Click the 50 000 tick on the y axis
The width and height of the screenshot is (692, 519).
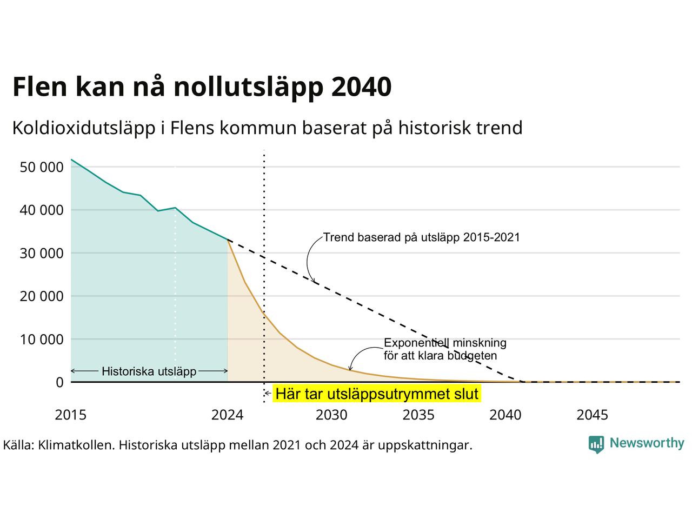tap(42, 167)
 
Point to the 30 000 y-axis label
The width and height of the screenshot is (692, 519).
tap(42, 254)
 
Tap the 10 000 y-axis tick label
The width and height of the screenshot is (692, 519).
tap(42, 340)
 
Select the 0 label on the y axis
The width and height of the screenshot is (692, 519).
tap(59, 383)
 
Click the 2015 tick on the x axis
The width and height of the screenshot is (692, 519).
tap(71, 415)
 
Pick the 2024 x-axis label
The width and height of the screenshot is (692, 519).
tap(227, 415)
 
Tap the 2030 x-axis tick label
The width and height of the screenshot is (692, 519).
tap(331, 415)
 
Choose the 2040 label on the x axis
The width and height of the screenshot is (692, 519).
tap(505, 415)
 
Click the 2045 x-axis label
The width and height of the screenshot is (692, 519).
tap(593, 415)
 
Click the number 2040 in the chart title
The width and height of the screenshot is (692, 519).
tap(362, 86)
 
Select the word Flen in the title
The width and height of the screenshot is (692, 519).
tap(40, 86)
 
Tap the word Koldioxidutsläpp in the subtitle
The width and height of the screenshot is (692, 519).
tap(84, 128)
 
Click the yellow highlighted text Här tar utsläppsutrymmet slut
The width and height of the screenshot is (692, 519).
tap(377, 394)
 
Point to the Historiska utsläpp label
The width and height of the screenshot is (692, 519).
tap(149, 371)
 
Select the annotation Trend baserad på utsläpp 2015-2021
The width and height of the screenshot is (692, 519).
tap(422, 237)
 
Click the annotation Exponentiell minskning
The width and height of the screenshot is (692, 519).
tap(445, 343)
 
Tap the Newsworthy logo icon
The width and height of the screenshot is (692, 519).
tap(596, 444)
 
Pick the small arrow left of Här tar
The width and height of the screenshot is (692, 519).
tap(268, 393)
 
